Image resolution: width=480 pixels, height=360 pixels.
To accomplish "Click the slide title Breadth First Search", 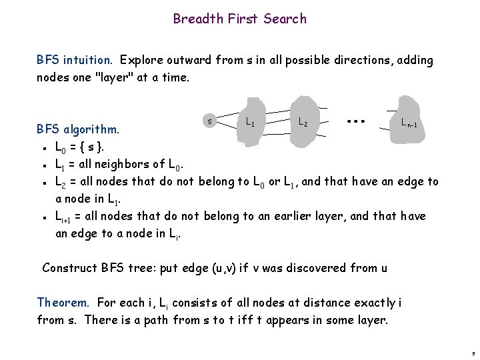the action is coord(240,19).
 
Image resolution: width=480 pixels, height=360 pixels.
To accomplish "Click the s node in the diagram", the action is coord(209,121).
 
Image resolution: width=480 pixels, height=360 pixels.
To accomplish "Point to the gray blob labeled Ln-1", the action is coord(407,121).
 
